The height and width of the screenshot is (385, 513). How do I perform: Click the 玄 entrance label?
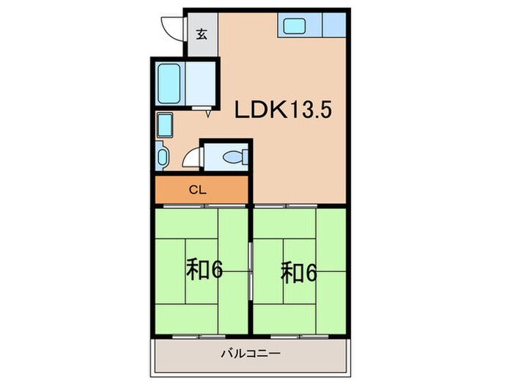[x=201, y=34]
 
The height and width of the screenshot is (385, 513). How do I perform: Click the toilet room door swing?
[x=191, y=158]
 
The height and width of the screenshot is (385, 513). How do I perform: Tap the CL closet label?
[x=197, y=190]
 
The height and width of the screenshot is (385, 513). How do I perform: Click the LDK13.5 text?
[x=284, y=111]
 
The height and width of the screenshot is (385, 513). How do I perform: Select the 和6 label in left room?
[x=204, y=271]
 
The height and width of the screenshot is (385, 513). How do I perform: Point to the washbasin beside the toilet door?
[x=163, y=156]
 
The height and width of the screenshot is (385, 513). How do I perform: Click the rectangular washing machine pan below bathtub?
[x=164, y=125]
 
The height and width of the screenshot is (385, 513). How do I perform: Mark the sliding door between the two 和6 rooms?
[x=251, y=271]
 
